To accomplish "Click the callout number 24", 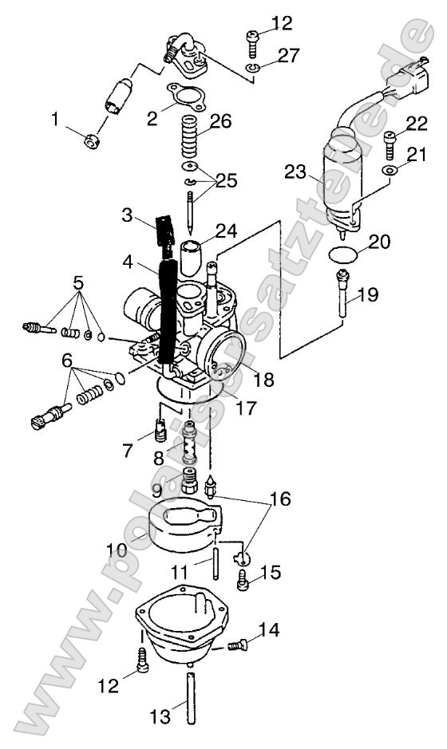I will coord(226,231).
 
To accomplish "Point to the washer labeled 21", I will coord(389,171).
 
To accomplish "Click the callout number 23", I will coord(295,172).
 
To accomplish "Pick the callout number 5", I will coord(78,282).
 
